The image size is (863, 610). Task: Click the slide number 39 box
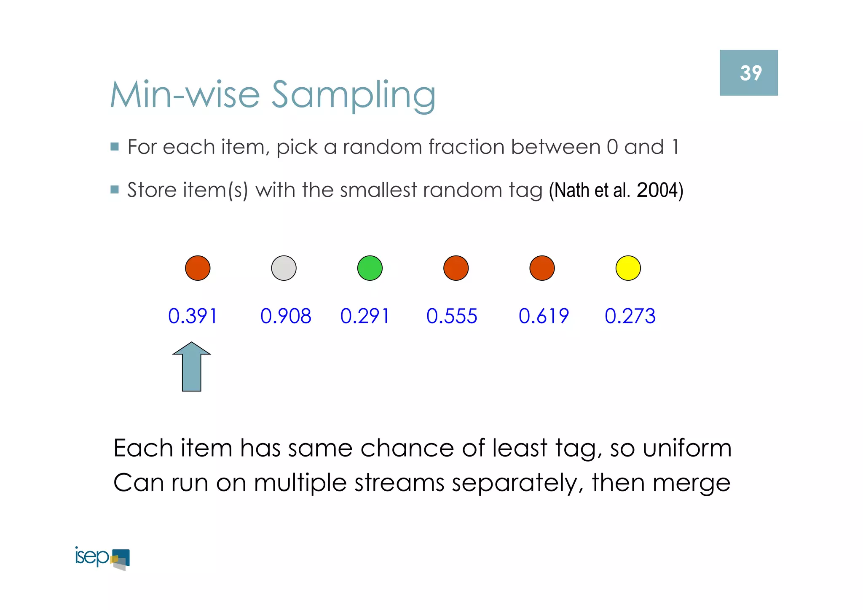tap(748, 73)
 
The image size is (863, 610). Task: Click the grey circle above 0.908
tap(284, 268)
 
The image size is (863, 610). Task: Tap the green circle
tap(370, 268)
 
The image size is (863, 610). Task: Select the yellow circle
tap(628, 268)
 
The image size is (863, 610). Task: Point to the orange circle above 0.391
tap(198, 268)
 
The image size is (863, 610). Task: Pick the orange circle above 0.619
tap(542, 268)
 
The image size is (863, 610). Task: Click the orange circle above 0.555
tap(456, 268)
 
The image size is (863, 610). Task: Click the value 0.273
tap(630, 316)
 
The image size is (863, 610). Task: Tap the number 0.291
tap(365, 316)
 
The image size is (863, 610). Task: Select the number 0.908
tap(286, 316)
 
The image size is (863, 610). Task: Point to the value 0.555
tap(452, 316)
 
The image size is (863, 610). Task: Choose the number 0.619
tap(544, 316)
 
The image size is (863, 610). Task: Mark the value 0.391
tap(193, 316)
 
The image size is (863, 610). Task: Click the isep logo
tap(102, 558)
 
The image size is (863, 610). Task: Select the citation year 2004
tap(655, 190)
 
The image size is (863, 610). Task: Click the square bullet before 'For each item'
tap(115, 147)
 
